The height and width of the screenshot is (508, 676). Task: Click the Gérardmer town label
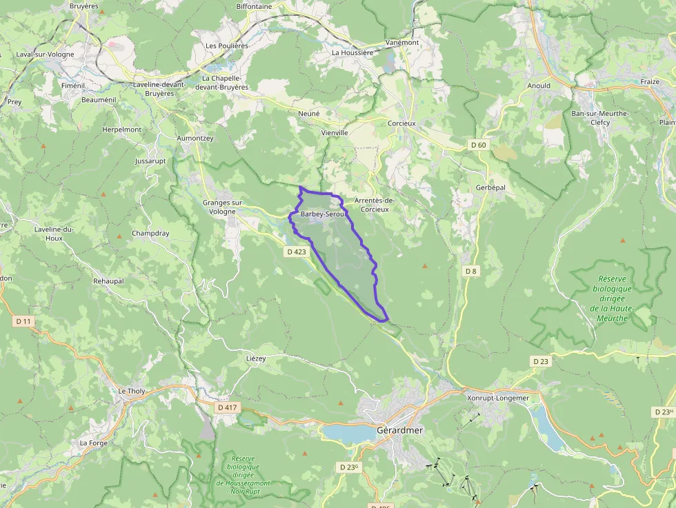pyautogui.click(x=399, y=430)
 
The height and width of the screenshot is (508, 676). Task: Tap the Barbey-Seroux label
pyautogui.click(x=322, y=214)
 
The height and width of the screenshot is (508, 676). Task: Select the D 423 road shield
pyautogui.click(x=295, y=252)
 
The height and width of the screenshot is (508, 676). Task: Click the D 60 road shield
pyautogui.click(x=478, y=145)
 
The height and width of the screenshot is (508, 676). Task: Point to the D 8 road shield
pyautogui.click(x=470, y=271)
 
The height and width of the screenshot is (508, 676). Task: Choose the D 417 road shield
pyautogui.click(x=227, y=407)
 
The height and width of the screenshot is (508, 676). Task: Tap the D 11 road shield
pyautogui.click(x=23, y=321)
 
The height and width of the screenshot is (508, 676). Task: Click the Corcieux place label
pyautogui.click(x=401, y=123)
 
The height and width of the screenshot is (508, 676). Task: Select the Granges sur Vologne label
pyautogui.click(x=223, y=207)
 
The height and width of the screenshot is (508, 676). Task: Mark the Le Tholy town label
pyautogui.click(x=132, y=392)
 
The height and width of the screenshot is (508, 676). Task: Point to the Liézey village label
pyautogui.click(x=256, y=359)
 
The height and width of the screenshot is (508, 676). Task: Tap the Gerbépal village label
pyautogui.click(x=491, y=188)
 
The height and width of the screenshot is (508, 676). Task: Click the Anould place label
pyautogui.click(x=539, y=86)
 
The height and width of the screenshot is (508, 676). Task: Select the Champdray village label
pyautogui.click(x=150, y=234)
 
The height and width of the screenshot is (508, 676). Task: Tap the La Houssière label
pyautogui.click(x=352, y=52)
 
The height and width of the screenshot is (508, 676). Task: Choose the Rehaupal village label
pyautogui.click(x=108, y=281)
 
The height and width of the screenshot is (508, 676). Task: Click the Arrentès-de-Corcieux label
pyautogui.click(x=375, y=205)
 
